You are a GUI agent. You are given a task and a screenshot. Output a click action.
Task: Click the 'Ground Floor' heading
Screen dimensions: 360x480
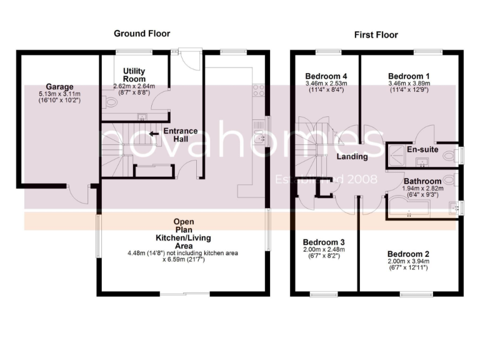coord(141,33)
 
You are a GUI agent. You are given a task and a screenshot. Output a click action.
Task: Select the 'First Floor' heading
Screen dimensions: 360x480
coord(376,34)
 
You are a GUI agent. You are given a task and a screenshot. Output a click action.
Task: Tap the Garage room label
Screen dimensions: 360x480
coord(59,87)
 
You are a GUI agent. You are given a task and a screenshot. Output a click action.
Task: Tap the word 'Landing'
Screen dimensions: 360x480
coord(352,156)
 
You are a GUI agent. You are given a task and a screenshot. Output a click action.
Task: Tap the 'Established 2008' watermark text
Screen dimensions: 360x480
coord(326,180)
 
